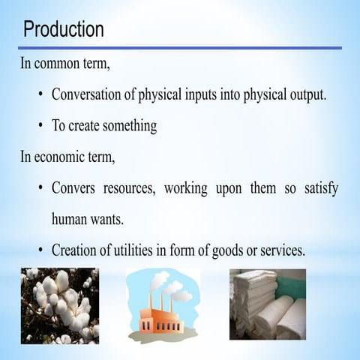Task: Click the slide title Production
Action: pos(64,29)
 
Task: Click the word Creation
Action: pos(77,250)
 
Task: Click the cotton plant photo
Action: pos(59,305)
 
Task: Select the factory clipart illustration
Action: pos(163,307)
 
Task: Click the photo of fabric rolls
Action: pos(267,304)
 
